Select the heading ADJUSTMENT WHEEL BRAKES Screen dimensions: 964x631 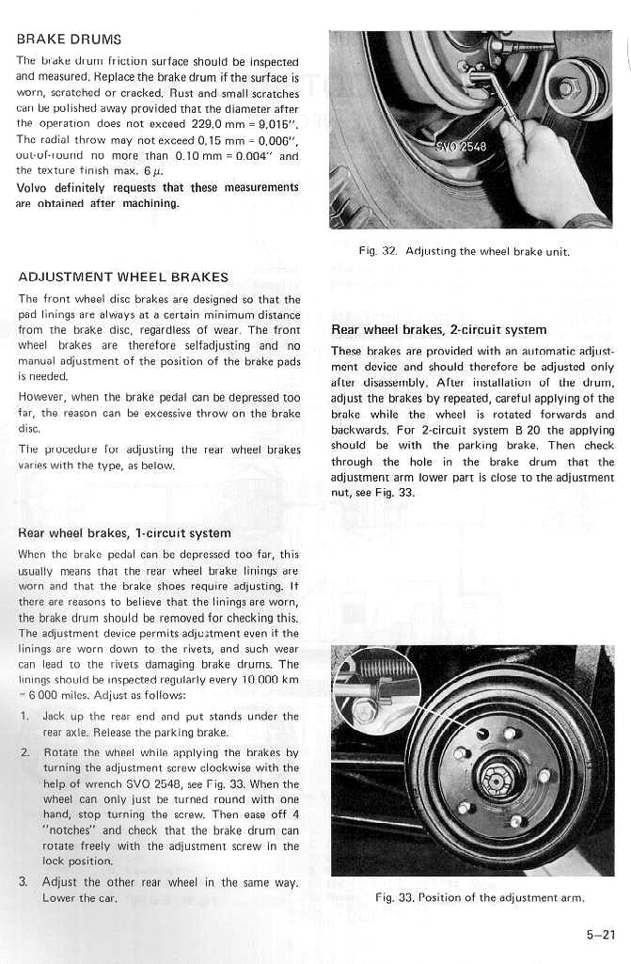tap(123, 277)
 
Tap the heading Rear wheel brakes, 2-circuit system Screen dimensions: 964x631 tap(439, 330)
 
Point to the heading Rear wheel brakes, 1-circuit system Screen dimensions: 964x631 tap(124, 533)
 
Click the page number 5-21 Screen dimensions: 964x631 tap(596, 934)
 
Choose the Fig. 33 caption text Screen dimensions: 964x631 tap(480, 897)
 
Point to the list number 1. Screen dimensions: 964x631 tap(24, 717)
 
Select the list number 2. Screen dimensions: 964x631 tap(24, 753)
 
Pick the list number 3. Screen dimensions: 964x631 tap(24, 882)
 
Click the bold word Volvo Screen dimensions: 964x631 tap(35, 187)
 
